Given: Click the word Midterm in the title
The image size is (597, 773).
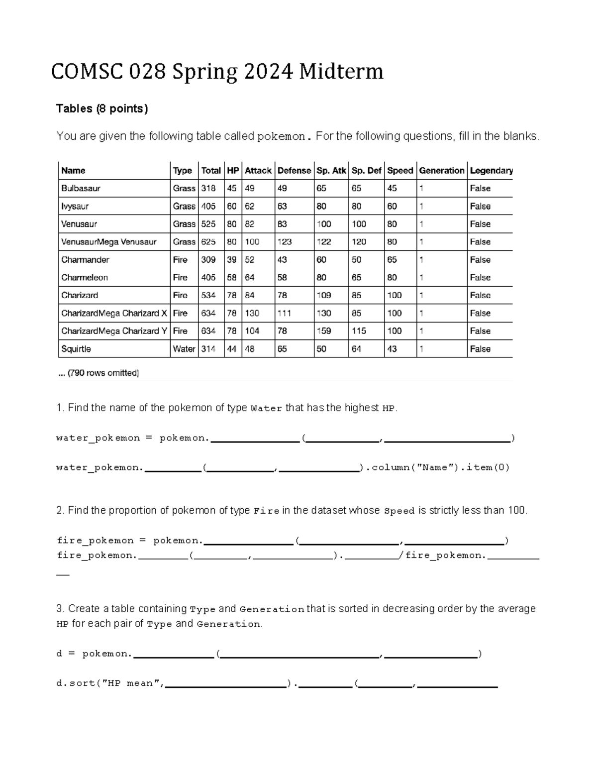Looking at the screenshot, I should coord(341,72).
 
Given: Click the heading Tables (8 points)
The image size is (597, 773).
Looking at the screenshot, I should coord(102,109).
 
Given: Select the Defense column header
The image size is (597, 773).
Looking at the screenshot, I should coord(294,171).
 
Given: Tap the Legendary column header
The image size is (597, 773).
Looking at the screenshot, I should coord(491,171).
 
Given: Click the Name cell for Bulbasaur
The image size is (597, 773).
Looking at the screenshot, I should coord(81,189).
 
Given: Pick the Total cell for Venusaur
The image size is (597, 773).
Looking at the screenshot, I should coord(208,224).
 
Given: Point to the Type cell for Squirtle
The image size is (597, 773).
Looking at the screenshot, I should coord(184,349).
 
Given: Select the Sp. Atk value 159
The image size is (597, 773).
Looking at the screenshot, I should coord(324,331).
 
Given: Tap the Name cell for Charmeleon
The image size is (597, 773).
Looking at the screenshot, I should coord(85,278).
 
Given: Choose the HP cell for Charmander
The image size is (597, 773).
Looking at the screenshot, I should coord(231,260).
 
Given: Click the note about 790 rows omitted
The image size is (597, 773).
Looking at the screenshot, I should coord(99,373).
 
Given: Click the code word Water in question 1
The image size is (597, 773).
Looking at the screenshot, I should coord(266,409).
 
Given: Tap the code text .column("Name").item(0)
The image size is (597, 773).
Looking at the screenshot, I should coord(437,467).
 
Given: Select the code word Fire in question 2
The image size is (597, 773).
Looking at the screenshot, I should coord(266,511).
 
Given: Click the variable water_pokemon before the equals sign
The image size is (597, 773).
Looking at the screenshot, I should coord(98,438).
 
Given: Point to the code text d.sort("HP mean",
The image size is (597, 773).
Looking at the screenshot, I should coord(110,683).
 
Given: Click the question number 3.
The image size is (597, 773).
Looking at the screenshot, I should coord(60,609).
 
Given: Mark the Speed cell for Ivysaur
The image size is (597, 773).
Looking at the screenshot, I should coord(392,206).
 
